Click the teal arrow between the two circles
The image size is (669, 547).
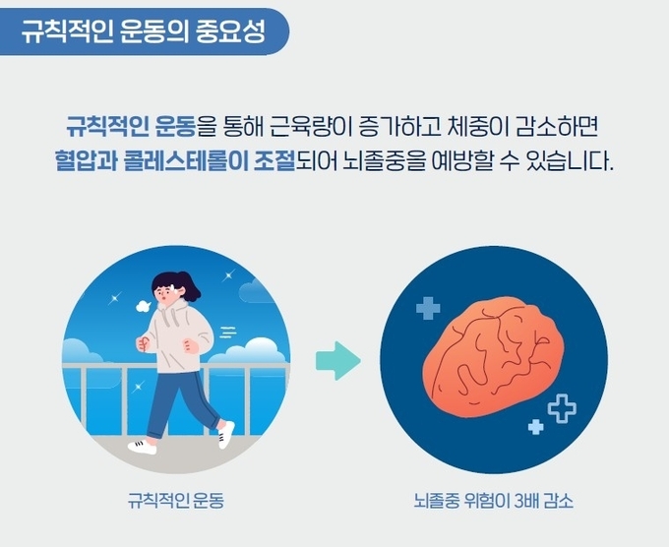[x=338, y=361]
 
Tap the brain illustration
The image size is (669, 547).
[x=493, y=357]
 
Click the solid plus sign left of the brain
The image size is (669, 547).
[x=428, y=308]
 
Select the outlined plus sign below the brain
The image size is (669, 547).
[x=562, y=408]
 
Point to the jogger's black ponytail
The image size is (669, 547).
[x=192, y=286]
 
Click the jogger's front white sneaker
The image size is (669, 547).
[x=143, y=447]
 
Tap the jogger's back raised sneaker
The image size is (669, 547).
[x=225, y=435]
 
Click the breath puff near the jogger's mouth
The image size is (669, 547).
[x=143, y=306]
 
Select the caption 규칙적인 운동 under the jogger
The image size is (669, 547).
[x=176, y=500]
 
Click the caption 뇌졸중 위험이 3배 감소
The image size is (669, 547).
[x=493, y=500]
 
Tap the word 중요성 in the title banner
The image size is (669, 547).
[x=231, y=31]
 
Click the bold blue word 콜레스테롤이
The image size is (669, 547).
[x=186, y=161]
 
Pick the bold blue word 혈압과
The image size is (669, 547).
[x=86, y=161]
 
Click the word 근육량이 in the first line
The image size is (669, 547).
[x=311, y=126]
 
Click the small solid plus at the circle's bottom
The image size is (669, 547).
[x=536, y=427]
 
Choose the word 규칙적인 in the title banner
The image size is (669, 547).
[x=68, y=31]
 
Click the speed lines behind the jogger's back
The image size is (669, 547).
[x=228, y=332]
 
